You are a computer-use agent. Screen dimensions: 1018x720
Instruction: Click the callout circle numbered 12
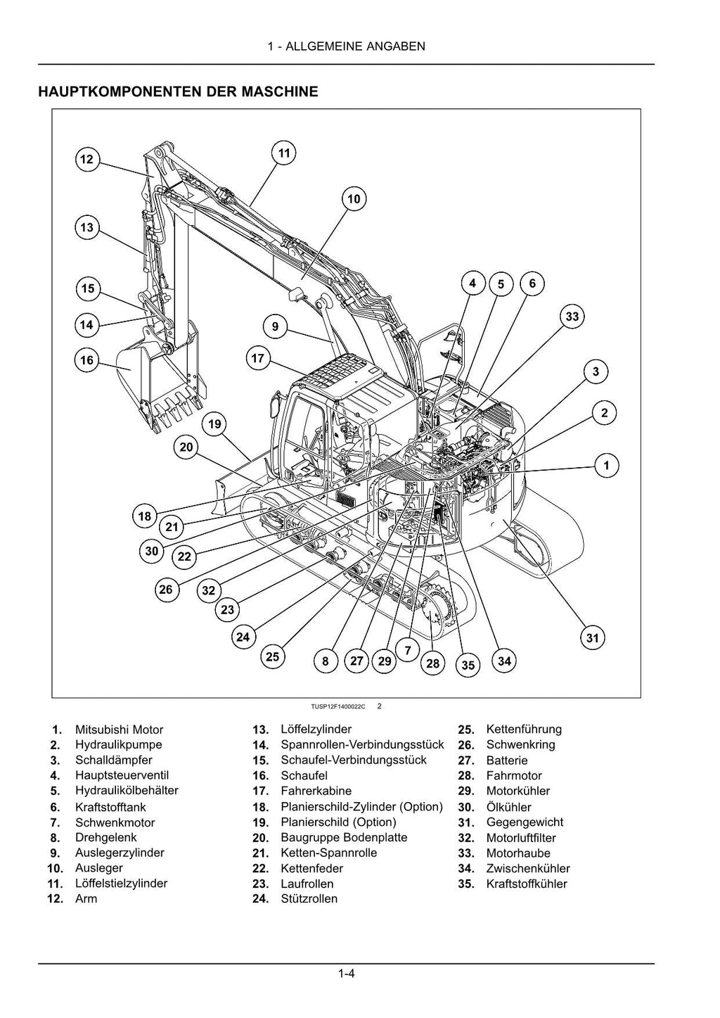point(86,160)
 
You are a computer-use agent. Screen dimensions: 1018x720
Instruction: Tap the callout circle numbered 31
point(593,638)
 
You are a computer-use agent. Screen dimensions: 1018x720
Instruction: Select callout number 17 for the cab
point(258,359)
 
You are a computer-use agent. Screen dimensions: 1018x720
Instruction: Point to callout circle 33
point(572,317)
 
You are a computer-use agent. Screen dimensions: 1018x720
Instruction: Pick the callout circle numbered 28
point(432,663)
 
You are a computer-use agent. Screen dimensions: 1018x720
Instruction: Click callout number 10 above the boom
point(354,199)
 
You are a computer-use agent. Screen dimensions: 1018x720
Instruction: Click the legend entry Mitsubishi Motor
point(119,730)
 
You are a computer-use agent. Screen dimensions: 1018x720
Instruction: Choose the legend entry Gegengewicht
point(525,822)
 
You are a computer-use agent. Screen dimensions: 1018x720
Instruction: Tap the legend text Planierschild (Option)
point(338,822)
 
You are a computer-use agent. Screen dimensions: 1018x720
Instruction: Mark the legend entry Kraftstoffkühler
point(526,884)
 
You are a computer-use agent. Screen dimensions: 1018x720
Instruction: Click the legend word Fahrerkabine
point(316,791)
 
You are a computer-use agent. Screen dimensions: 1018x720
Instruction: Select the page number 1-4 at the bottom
point(346,974)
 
